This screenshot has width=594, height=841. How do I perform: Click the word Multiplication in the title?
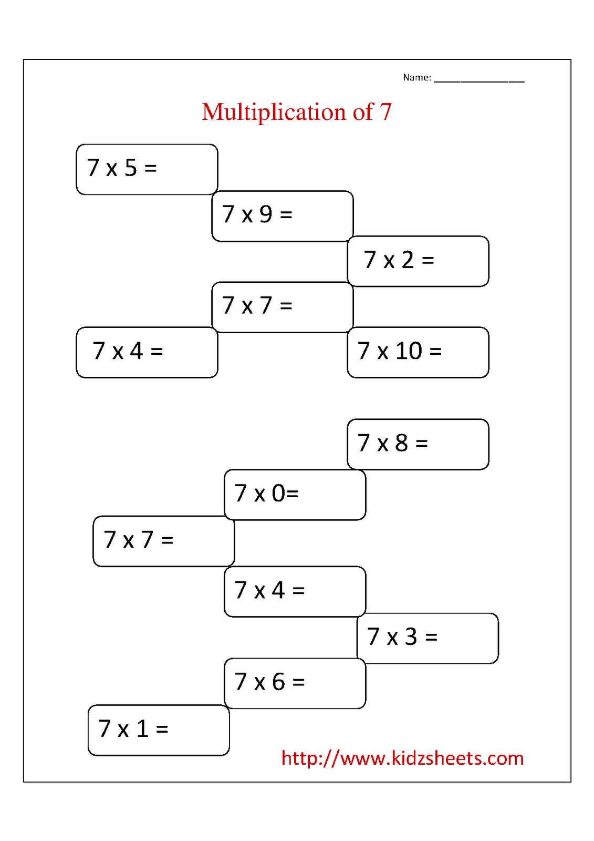coord(274,112)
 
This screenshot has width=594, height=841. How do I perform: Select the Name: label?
coord(417,77)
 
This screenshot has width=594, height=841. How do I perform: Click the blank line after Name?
coord(479,81)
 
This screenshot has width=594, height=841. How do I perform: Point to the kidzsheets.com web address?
coord(403,758)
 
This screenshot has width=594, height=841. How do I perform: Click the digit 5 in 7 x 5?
coord(131,168)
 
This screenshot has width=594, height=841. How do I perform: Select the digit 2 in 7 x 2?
coord(408,260)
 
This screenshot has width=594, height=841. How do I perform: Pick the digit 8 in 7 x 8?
coord(401,443)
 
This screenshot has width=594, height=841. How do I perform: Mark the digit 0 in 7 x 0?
coord(278,494)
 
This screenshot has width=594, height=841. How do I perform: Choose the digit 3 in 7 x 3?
coord(411,637)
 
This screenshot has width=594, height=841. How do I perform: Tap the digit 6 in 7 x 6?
coord(278,682)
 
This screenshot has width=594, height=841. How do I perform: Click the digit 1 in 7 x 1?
coord(142,729)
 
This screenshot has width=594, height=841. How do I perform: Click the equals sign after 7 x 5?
coord(151,168)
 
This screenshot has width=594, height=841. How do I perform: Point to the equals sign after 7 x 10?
coord(435,352)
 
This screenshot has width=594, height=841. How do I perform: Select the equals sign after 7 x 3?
coord(432,637)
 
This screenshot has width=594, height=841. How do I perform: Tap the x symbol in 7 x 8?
coord(382,445)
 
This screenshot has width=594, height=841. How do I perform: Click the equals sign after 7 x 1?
coord(162,729)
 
